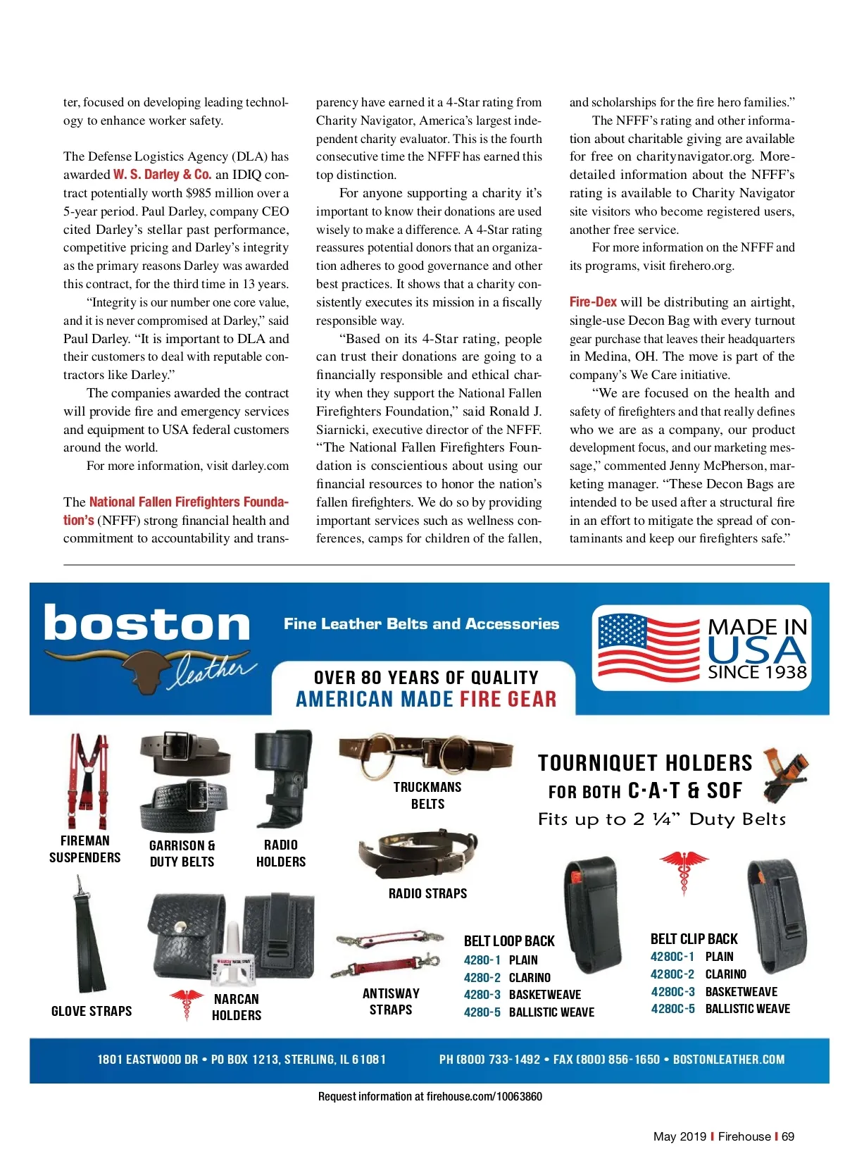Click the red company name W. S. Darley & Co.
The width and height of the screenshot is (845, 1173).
point(162,175)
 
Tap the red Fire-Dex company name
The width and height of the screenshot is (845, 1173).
point(593,302)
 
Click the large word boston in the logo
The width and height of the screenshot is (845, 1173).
point(147,624)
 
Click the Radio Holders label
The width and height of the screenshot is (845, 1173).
point(281,853)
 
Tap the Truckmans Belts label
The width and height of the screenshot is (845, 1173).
point(427,795)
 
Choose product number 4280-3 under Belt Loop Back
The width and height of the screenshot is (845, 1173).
point(482,995)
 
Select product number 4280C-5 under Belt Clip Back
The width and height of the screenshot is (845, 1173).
point(672,1009)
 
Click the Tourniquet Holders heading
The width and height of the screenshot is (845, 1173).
point(645,763)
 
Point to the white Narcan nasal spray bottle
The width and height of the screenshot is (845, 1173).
point(232,957)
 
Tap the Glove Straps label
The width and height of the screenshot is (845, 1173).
point(92,1011)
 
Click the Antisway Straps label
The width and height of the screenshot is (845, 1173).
point(391,1001)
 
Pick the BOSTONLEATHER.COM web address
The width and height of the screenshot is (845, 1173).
point(729,1060)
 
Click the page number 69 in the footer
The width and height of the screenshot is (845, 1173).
point(788,1136)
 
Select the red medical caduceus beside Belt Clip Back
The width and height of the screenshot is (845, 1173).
point(683,871)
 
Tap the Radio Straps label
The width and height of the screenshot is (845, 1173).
point(427,893)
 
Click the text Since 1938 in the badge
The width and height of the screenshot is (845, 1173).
point(757,672)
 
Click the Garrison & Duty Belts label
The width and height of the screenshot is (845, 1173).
point(182,853)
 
